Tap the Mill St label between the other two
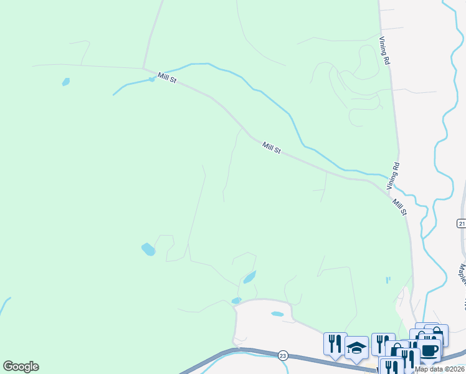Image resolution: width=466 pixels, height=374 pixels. pyautogui.click(x=272, y=148)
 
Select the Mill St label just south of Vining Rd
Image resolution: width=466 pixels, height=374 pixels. pyautogui.click(x=399, y=207)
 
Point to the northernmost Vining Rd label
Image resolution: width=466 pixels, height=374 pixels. pyautogui.click(x=384, y=50)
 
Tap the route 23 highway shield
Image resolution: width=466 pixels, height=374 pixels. pyautogui.click(x=283, y=355)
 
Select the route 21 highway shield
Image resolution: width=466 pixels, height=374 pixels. pyautogui.click(x=461, y=223)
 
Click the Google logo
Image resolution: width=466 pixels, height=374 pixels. pyautogui.click(x=21, y=367)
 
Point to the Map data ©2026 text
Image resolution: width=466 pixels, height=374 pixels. pyautogui.click(x=439, y=369)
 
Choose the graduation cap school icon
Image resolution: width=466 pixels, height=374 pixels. pyautogui.click(x=356, y=347)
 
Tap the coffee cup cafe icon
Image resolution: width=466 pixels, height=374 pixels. pyautogui.click(x=429, y=349)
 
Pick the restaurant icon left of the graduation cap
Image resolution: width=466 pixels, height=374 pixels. pyautogui.click(x=334, y=343)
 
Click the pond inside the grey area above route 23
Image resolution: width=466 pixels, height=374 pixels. pyautogui.click(x=277, y=314)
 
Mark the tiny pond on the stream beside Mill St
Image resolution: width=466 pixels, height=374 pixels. pyautogui.click(x=151, y=79)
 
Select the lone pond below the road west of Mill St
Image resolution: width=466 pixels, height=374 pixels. pyautogui.click(x=66, y=82)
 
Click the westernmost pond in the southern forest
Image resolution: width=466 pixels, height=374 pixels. pyautogui.click(x=148, y=249)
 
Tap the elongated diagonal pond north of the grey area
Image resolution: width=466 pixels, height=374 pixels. pyautogui.click(x=249, y=277)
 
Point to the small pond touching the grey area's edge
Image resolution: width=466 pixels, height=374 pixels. pyautogui.click(x=236, y=300)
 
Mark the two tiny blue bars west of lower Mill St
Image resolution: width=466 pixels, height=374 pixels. pyautogui.click(x=388, y=280)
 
